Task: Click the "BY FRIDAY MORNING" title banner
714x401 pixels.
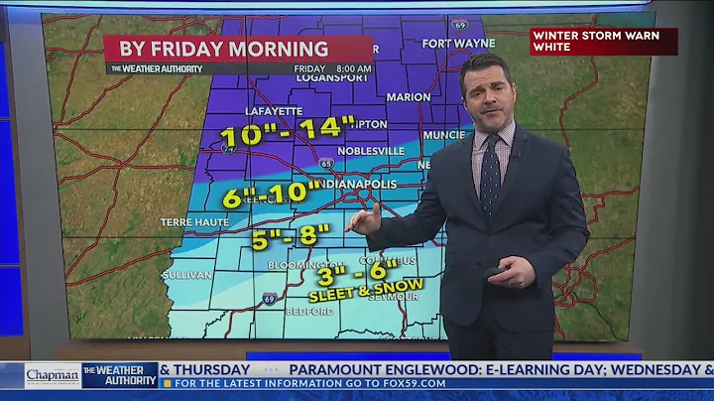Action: [223, 48]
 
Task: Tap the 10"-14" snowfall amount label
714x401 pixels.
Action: [287, 130]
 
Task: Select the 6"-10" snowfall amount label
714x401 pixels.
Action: [273, 194]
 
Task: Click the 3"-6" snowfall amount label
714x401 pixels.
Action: [360, 269]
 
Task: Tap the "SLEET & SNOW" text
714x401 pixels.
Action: [366, 289]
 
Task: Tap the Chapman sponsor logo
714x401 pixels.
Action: [53, 376]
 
